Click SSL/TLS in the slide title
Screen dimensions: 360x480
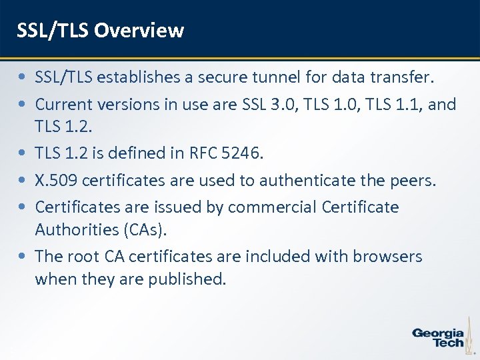[x=53, y=30]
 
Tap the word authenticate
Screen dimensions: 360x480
[x=307, y=180]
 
